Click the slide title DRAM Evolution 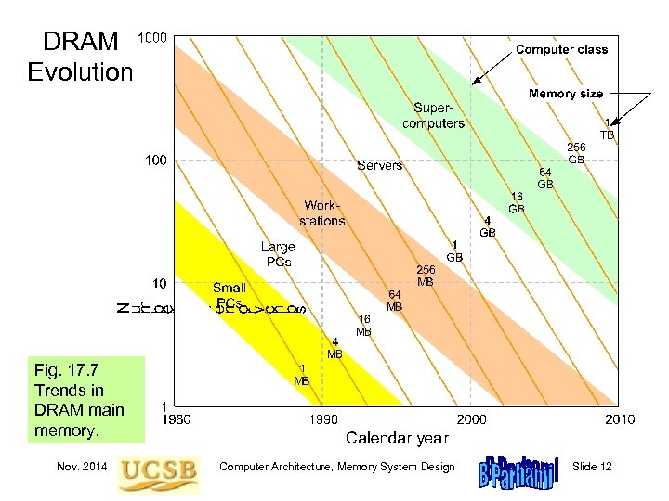(x=81, y=56)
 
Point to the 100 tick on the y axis (x=155, y=161)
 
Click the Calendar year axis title (x=397, y=437)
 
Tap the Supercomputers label (x=433, y=116)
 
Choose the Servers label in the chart (x=380, y=165)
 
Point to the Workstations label (x=321, y=212)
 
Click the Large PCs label (x=277, y=253)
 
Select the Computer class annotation (x=561, y=49)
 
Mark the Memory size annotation (x=565, y=94)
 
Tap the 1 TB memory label (x=607, y=128)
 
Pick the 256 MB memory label (x=425, y=275)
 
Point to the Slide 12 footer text (x=593, y=467)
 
